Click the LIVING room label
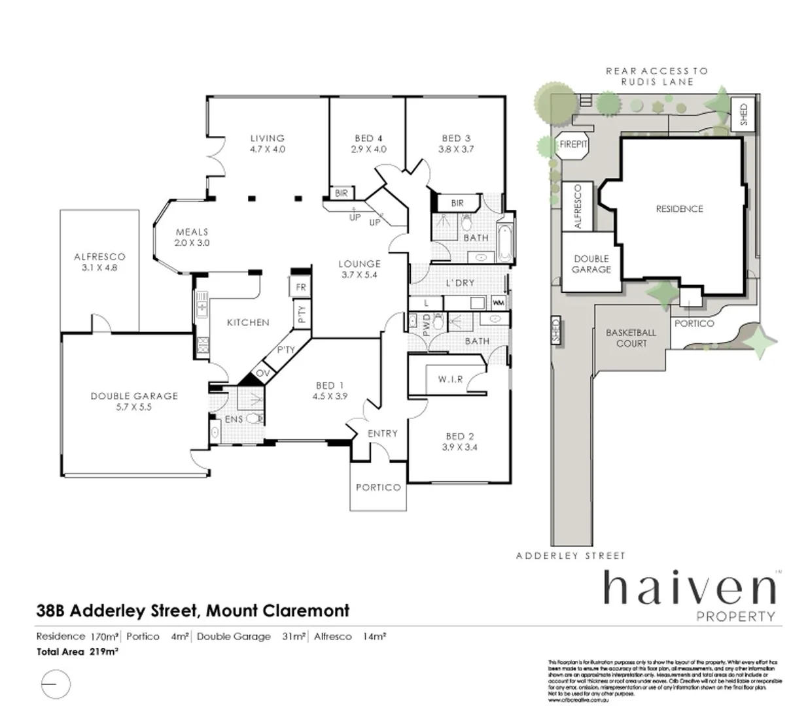[267, 139]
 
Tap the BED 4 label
[368, 139]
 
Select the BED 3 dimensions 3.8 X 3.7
[456, 149]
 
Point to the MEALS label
[192, 232]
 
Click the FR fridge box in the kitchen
[300, 287]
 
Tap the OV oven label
[262, 373]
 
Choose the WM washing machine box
[498, 303]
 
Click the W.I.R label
[450, 379]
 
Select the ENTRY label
[382, 433]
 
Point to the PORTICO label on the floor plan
[378, 488]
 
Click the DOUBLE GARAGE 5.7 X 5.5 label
[134, 401]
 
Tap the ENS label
[234, 419]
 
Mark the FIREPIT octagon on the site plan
[574, 144]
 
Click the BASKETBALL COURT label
[631, 338]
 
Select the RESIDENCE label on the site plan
[679, 209]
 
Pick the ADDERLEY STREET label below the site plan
[571, 556]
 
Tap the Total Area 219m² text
[77, 652]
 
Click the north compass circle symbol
[56, 684]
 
